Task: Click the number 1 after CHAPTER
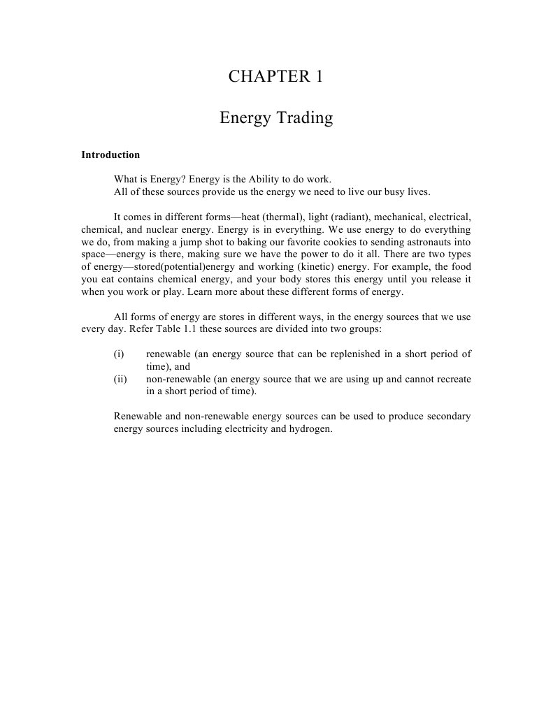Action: pyautogui.click(x=319, y=77)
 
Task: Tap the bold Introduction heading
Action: pyautogui.click(x=110, y=155)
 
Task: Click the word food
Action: pyautogui.click(x=461, y=267)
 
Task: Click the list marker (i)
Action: pyautogui.click(x=119, y=354)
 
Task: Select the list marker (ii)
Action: pyautogui.click(x=120, y=380)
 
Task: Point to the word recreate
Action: pyautogui.click(x=452, y=380)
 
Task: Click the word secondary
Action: pyautogui.click(x=449, y=417)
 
